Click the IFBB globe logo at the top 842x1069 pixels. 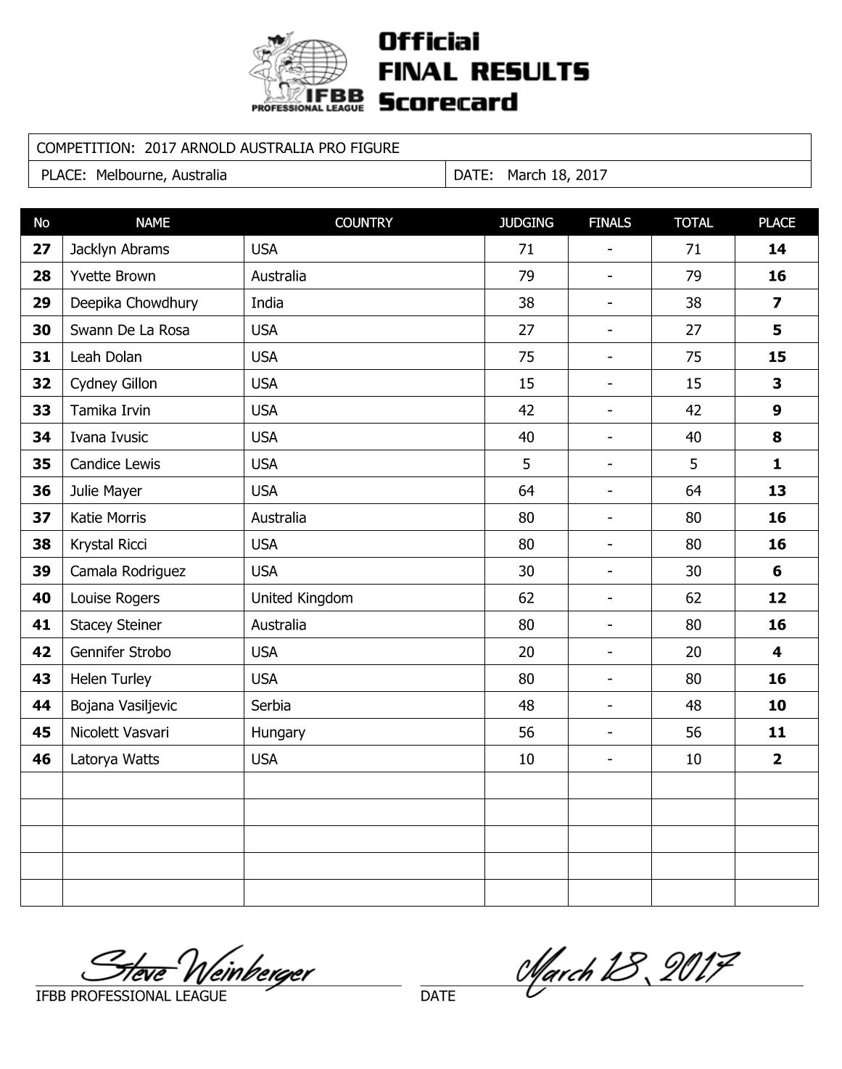308,71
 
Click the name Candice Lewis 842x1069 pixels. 115,464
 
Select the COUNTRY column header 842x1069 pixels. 363,223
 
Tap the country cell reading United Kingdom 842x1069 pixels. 302,598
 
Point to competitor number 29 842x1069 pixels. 42,303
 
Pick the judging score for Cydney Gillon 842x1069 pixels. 526,384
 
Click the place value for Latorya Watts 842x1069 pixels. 777,759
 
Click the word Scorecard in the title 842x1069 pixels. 448,102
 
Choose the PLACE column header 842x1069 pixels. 777,223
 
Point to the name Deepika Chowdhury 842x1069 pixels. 134,303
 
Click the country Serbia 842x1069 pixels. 271,706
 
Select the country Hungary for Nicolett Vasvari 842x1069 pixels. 278,732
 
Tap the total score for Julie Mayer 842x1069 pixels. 693,491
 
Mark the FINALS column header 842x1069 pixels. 610,223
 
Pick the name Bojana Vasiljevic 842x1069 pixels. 123,706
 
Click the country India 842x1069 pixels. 267,303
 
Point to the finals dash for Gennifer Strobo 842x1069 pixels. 610,652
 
